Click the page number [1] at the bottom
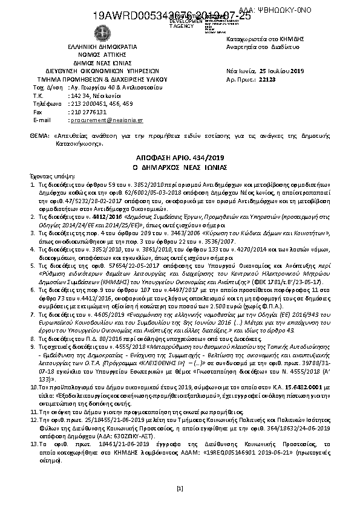(x=179, y=488)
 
